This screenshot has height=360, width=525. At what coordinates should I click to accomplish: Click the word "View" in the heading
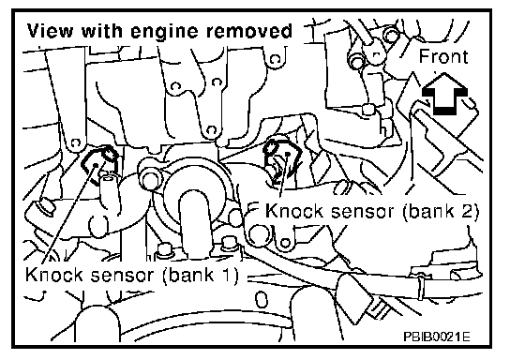click(51, 31)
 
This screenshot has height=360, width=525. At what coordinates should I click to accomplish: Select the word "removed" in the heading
click(249, 31)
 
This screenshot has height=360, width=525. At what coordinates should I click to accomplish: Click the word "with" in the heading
click(102, 31)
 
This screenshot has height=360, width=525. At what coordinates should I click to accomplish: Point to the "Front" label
click(443, 56)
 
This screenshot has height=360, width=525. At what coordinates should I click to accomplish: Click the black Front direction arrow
click(444, 95)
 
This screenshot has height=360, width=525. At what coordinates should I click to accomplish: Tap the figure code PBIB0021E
click(436, 336)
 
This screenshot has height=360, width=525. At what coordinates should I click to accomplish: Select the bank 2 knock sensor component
click(280, 157)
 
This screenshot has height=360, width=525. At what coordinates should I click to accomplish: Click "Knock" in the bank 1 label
click(54, 275)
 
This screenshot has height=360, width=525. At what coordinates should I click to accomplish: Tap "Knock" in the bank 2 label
click(294, 211)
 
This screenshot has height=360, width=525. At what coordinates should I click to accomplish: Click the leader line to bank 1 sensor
click(69, 214)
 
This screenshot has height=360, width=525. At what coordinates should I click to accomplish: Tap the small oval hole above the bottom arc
click(262, 299)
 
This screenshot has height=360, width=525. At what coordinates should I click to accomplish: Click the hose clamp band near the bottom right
click(421, 282)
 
